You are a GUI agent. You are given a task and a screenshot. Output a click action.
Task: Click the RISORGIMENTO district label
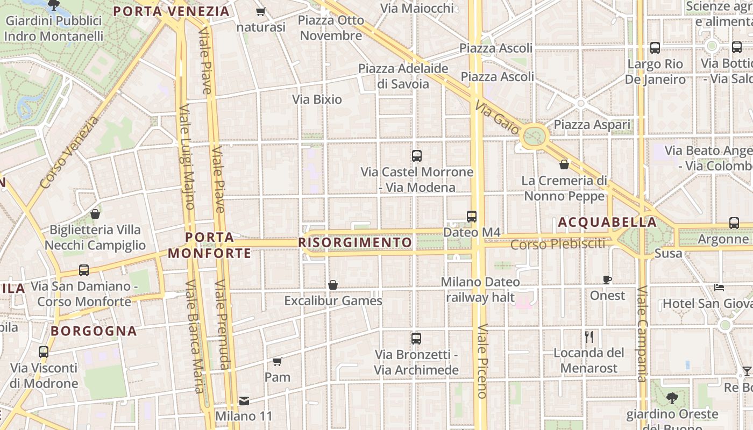[x=355, y=242]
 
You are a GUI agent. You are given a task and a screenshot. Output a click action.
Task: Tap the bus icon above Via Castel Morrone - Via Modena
[x=416, y=156]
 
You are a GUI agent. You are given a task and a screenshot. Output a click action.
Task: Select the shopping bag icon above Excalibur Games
[x=333, y=285]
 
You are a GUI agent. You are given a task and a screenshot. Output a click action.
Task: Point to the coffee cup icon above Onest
[x=607, y=279]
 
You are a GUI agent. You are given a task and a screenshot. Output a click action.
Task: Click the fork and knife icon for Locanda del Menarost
[x=589, y=337]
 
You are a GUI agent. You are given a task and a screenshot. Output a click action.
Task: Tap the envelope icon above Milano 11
[x=244, y=400]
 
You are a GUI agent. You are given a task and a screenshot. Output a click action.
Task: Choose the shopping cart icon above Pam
[x=277, y=361]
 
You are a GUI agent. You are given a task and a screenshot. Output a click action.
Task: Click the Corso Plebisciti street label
[x=557, y=245]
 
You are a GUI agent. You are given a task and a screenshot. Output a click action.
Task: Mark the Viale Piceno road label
[x=482, y=360]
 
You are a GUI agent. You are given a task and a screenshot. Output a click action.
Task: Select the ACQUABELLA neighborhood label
[x=607, y=222]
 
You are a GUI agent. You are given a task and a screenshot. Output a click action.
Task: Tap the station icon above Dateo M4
[x=472, y=217]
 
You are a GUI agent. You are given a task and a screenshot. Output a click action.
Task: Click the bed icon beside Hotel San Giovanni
[x=719, y=287]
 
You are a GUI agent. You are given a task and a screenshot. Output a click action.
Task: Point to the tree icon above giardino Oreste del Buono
[x=672, y=398]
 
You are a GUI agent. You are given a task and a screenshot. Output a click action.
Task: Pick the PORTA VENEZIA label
[x=172, y=11]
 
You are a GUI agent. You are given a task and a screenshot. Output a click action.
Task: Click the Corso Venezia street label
[x=70, y=153]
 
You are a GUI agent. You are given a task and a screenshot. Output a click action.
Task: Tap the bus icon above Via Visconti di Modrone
[x=44, y=352]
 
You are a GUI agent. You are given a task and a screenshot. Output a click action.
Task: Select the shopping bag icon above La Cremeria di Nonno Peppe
[x=564, y=164]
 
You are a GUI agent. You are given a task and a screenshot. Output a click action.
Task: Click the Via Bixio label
[x=317, y=99]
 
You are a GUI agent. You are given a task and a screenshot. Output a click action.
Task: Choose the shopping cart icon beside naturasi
[x=261, y=11]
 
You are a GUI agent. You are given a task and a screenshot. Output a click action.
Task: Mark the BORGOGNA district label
[x=94, y=331]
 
